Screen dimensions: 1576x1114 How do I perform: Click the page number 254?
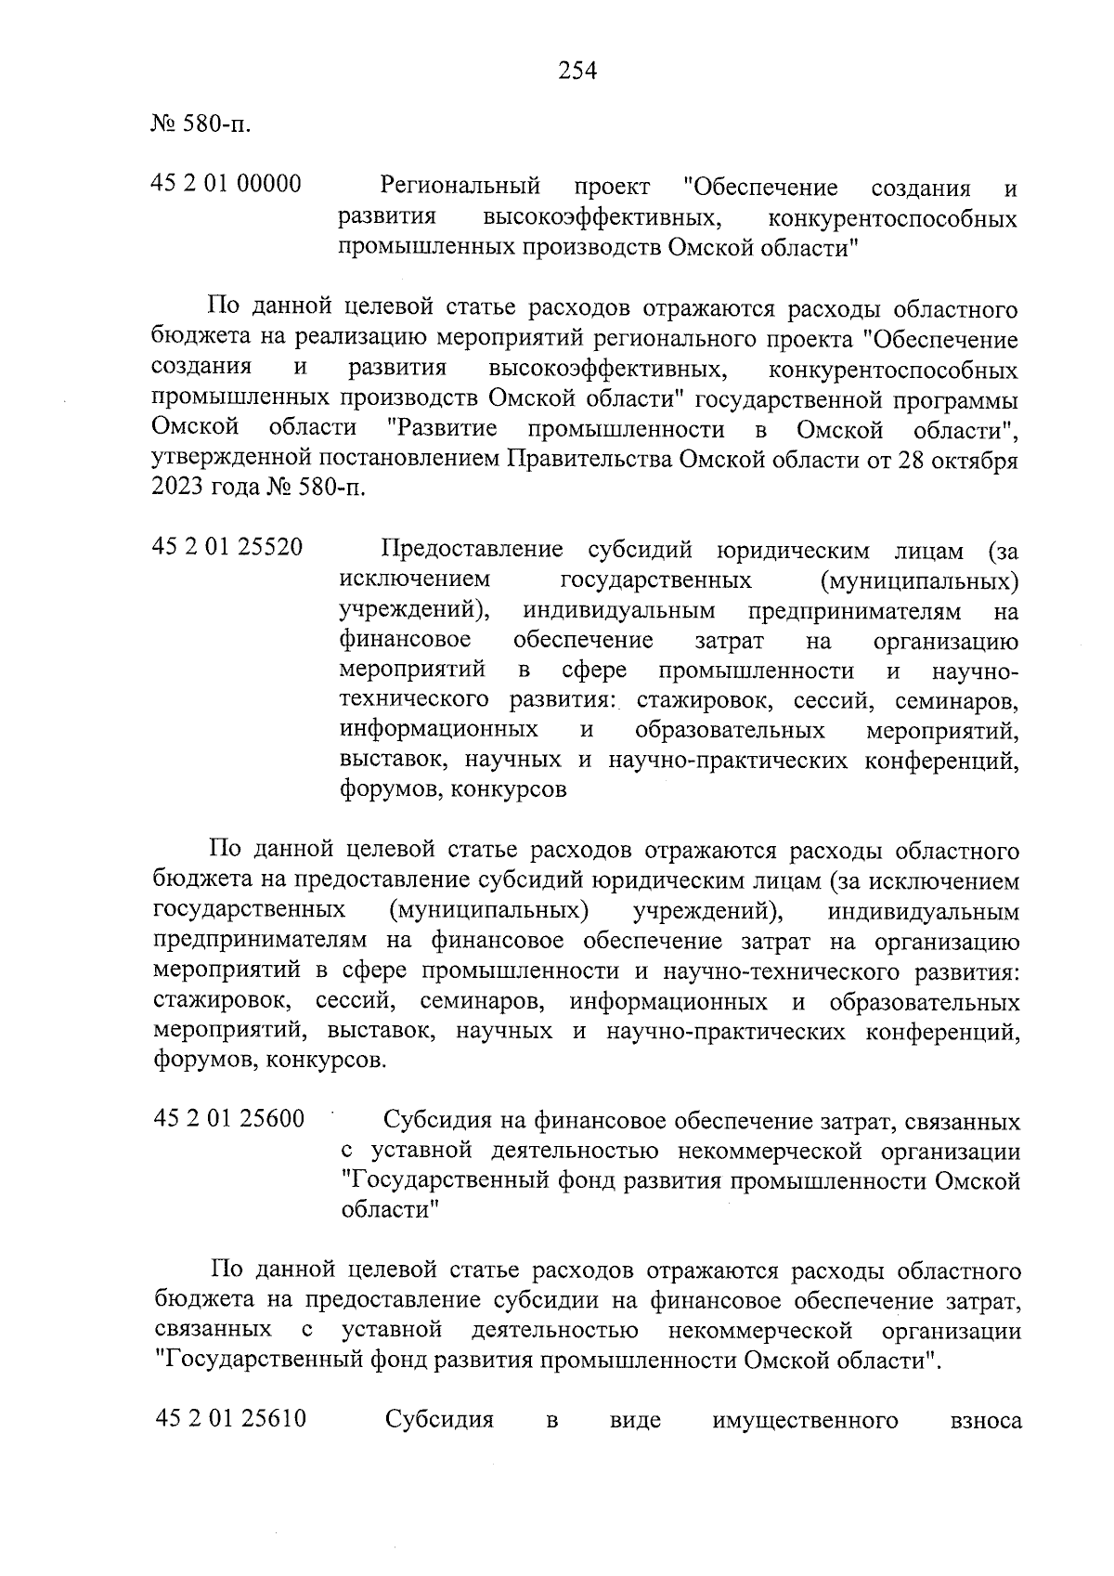(576, 70)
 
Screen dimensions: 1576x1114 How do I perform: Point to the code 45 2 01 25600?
(228, 1119)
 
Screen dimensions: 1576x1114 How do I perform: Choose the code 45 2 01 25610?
(230, 1420)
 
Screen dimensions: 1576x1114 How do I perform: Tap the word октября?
(974, 460)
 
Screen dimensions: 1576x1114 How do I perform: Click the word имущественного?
(805, 1421)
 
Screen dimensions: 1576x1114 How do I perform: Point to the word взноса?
(985, 1421)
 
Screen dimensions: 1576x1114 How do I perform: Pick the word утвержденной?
(228, 460)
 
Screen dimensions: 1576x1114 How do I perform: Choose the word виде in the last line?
(636, 1421)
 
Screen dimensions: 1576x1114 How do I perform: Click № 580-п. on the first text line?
(200, 124)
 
